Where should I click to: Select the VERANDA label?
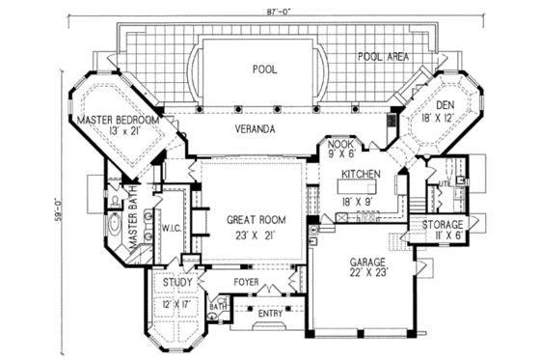click(x=255, y=128)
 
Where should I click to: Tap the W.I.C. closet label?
click(x=173, y=229)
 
